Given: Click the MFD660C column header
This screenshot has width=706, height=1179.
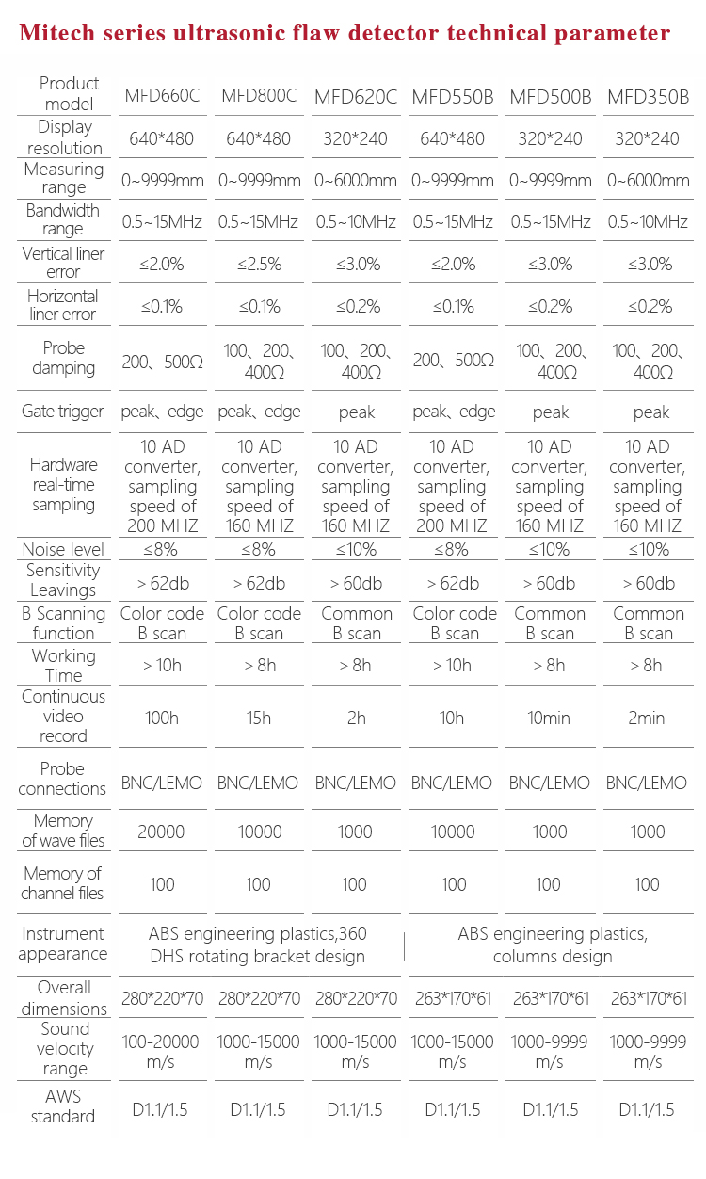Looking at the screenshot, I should point(162,96).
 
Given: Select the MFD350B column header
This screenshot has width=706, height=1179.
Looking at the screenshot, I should point(649,96).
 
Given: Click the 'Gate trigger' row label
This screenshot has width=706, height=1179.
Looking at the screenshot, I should point(63,412).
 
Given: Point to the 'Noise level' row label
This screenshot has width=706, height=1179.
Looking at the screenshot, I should point(63,549).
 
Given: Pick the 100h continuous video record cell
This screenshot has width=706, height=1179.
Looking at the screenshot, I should point(162,718).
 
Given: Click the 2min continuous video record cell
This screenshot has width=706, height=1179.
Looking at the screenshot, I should point(649,718).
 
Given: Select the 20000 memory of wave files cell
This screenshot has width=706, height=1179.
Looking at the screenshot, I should point(162,832).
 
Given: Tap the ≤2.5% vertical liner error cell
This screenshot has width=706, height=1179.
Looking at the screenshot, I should point(259,264).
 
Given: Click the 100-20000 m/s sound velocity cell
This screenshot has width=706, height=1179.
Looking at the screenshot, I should point(162,1051).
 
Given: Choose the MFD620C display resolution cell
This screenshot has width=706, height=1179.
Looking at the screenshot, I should point(356,138).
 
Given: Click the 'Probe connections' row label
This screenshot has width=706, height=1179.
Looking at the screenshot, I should point(63,779).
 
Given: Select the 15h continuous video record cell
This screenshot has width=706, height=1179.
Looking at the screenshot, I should point(259,718).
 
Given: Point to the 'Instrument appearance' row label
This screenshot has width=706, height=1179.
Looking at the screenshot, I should point(63,944).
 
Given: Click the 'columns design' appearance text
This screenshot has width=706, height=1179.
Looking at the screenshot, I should point(553,957).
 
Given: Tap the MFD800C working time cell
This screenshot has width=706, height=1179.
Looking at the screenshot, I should point(259,666).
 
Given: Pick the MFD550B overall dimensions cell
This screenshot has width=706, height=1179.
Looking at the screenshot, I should point(453,998).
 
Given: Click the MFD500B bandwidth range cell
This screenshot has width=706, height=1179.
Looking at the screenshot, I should point(551,222).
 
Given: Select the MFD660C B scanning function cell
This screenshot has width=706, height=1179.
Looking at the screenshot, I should point(162,623).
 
